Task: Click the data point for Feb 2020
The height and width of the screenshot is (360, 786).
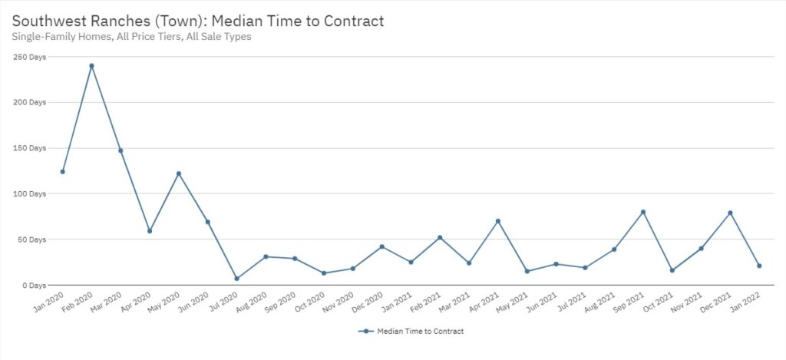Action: tap(91, 66)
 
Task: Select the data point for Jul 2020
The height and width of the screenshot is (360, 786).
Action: tap(237, 279)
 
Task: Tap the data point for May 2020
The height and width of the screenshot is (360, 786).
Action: tap(179, 173)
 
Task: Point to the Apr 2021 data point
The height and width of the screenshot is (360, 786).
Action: tap(498, 221)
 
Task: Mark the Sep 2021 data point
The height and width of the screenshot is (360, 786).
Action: tap(643, 212)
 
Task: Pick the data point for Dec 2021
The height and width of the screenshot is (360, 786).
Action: tap(730, 213)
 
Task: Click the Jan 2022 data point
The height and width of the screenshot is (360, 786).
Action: tap(759, 266)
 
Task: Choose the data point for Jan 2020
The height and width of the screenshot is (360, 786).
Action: tap(63, 171)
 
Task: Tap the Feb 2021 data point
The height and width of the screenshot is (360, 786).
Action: tap(440, 238)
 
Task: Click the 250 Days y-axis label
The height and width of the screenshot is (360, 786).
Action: tap(29, 56)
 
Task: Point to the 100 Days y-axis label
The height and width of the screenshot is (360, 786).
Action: tap(29, 193)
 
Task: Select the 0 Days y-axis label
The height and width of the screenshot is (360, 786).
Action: tap(33, 286)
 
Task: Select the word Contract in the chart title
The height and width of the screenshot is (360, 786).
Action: tap(352, 21)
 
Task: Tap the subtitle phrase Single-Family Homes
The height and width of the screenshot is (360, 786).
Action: tap(53, 36)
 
